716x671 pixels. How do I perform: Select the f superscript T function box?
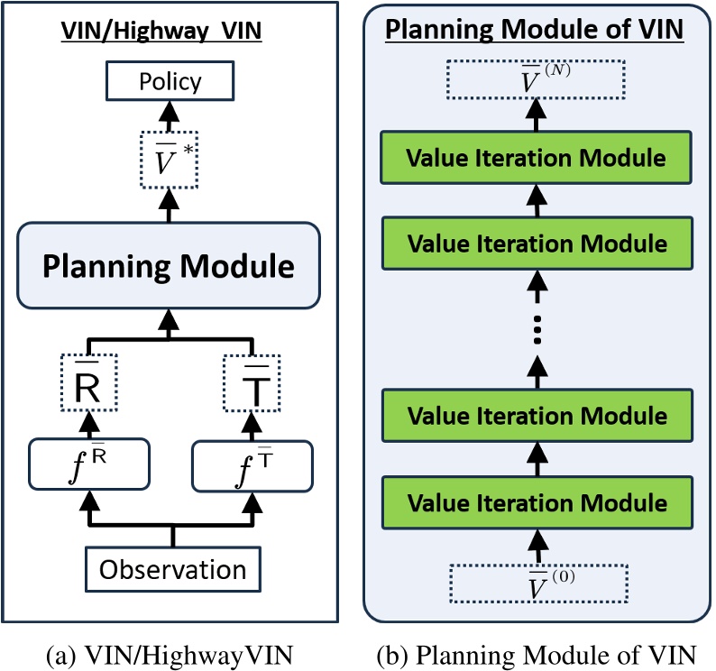252,463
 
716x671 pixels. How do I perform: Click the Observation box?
172,570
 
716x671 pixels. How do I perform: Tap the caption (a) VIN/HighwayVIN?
170,651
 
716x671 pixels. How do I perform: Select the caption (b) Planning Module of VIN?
537,651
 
